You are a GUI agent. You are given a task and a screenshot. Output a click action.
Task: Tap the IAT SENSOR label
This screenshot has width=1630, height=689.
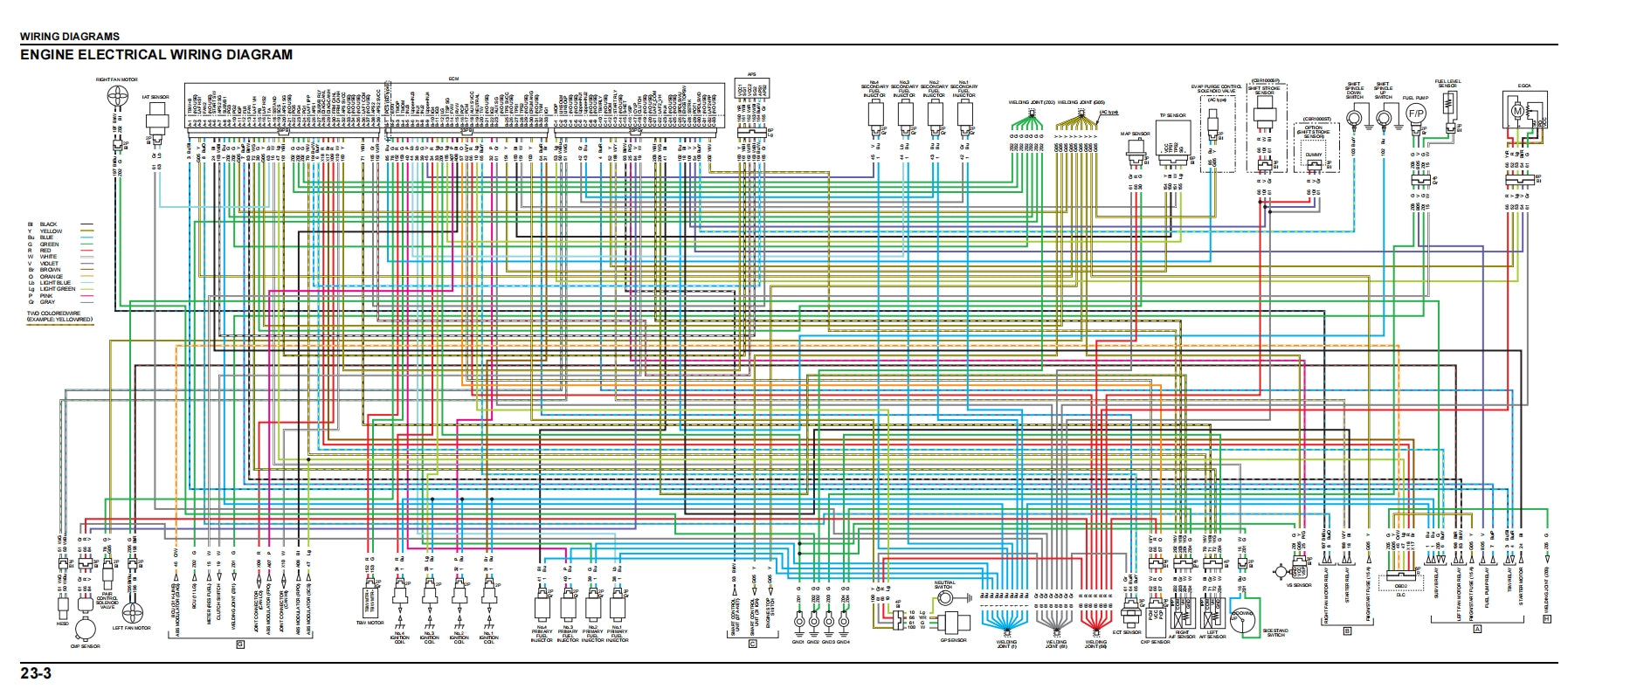pyautogui.click(x=155, y=97)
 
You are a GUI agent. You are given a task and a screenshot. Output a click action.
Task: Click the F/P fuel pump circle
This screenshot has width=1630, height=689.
pyautogui.click(x=1415, y=114)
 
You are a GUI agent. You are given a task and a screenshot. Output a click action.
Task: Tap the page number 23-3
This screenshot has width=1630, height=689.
pyautogui.click(x=36, y=673)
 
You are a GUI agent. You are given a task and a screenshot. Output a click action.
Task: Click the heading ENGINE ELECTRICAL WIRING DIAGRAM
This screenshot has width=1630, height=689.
pyautogui.click(x=156, y=55)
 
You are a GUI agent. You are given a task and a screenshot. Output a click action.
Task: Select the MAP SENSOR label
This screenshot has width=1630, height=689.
pyautogui.click(x=1135, y=134)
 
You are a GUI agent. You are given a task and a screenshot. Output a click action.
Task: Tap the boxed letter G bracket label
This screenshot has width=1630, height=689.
pyautogui.click(x=240, y=644)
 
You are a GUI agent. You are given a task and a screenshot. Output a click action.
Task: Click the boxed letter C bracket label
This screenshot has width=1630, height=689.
pyautogui.click(x=752, y=644)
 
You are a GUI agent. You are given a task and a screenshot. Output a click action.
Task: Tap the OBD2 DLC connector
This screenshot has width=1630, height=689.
pyautogui.click(x=1400, y=586)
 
